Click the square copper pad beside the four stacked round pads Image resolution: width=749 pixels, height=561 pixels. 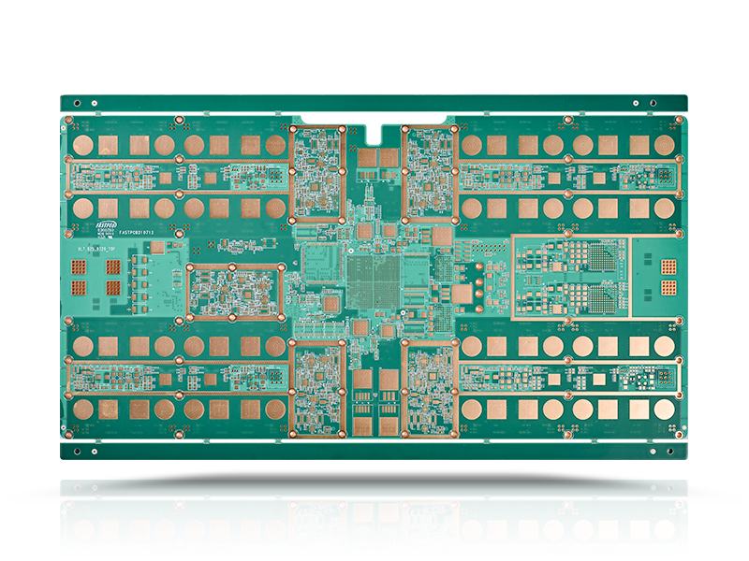click(462, 294)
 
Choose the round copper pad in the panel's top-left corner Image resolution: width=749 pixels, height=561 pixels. click(83, 145)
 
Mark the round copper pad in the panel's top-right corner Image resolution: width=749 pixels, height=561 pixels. click(665, 145)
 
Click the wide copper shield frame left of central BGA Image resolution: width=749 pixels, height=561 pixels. click(235, 291)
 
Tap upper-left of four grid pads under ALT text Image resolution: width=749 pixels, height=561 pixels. click(81, 267)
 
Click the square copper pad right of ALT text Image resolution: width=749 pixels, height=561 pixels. click(157, 247)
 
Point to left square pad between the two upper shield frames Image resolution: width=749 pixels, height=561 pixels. click(366, 158)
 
